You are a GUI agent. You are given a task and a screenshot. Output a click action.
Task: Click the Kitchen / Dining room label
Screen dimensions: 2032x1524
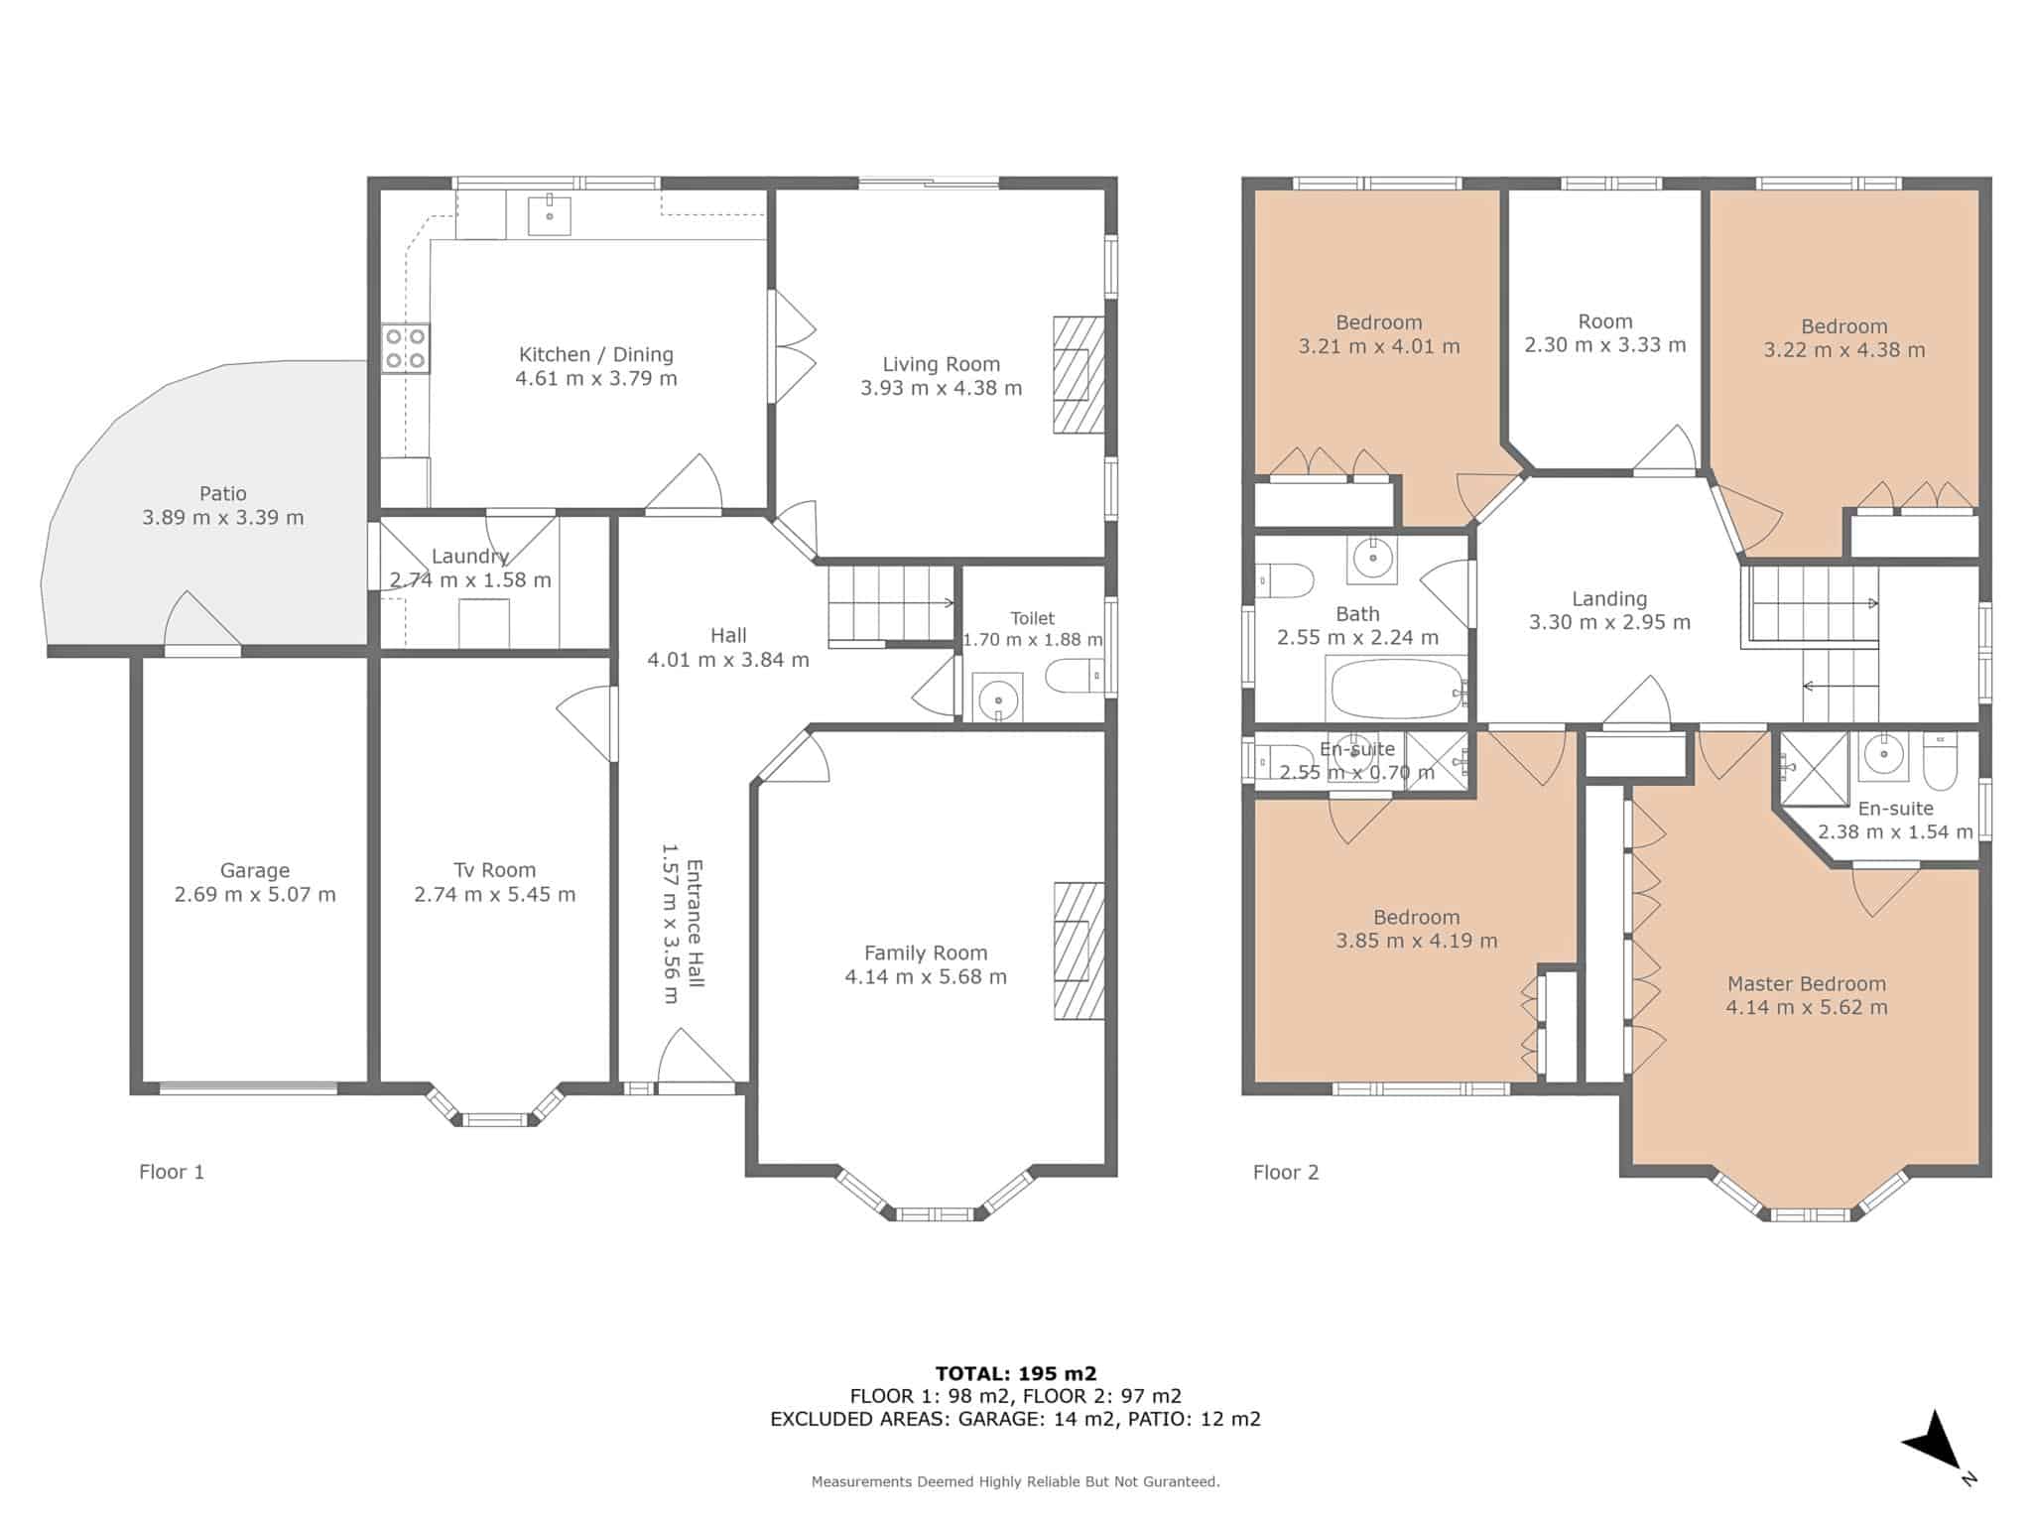click(x=595, y=354)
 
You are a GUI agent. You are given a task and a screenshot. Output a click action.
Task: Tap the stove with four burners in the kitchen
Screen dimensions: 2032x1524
click(x=405, y=348)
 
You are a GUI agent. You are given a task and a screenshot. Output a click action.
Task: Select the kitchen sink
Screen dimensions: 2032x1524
click(x=549, y=214)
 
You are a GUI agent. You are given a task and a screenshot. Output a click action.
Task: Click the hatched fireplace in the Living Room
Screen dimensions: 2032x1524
click(x=1079, y=374)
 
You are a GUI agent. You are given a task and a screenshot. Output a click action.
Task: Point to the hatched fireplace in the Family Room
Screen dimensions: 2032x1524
click(x=1079, y=951)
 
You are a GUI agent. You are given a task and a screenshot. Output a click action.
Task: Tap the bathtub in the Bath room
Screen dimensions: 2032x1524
click(x=1396, y=689)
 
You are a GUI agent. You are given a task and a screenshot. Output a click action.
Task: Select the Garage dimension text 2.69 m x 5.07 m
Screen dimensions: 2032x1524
click(x=255, y=894)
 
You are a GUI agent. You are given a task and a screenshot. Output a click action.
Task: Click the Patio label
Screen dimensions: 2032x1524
click(x=222, y=493)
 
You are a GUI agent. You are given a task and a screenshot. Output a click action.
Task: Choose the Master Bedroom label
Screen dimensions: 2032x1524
click(x=1806, y=983)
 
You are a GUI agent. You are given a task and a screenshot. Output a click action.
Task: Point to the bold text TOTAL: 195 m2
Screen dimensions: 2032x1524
click(x=1015, y=1373)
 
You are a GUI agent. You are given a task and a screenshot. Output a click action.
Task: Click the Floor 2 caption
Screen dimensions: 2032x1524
click(x=1286, y=1172)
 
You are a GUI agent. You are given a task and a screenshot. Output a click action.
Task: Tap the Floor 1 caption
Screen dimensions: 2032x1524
click(x=172, y=1172)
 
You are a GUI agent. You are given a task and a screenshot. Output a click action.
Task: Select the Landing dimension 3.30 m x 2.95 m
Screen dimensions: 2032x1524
click(x=1609, y=622)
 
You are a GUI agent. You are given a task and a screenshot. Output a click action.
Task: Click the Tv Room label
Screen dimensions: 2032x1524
click(x=494, y=870)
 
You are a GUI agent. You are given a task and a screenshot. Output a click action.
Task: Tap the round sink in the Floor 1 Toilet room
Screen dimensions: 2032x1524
click(x=997, y=699)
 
